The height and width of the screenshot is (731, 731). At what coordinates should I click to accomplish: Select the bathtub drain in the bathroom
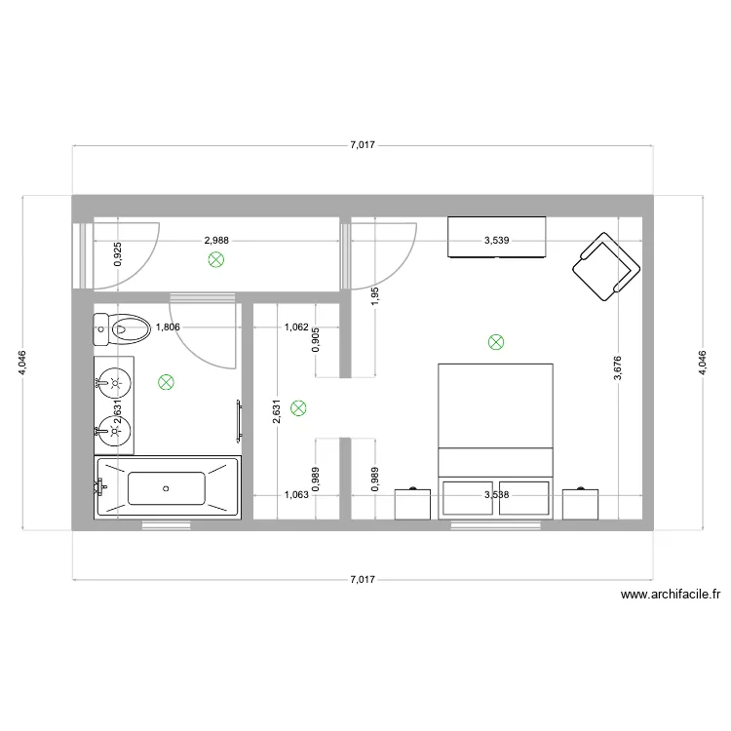(x=167, y=487)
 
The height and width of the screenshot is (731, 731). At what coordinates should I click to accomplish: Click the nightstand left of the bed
(x=413, y=504)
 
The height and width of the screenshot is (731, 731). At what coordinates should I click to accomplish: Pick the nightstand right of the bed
(x=580, y=504)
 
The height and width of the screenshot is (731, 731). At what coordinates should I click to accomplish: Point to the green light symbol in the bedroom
(x=496, y=342)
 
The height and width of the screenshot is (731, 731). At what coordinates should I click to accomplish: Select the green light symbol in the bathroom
(x=167, y=383)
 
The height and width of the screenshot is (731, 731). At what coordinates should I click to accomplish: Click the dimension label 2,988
(x=216, y=240)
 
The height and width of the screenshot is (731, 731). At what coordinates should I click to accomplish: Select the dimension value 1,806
(x=169, y=328)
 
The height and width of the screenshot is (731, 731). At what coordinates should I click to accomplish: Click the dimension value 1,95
(x=374, y=296)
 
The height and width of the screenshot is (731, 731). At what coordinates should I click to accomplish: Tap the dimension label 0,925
(x=118, y=254)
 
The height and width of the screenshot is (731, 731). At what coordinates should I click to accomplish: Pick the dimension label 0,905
(x=315, y=339)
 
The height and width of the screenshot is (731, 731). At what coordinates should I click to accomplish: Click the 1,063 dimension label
(x=295, y=494)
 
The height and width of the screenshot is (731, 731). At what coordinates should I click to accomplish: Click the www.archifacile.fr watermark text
(x=669, y=595)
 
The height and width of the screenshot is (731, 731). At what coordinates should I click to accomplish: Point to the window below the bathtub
(x=167, y=525)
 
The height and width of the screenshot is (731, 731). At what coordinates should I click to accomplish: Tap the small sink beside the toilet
(x=101, y=329)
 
